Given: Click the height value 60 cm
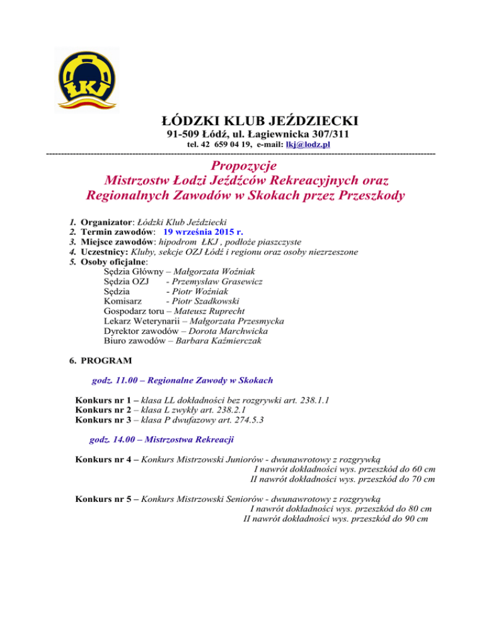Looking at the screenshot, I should point(420,469).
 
